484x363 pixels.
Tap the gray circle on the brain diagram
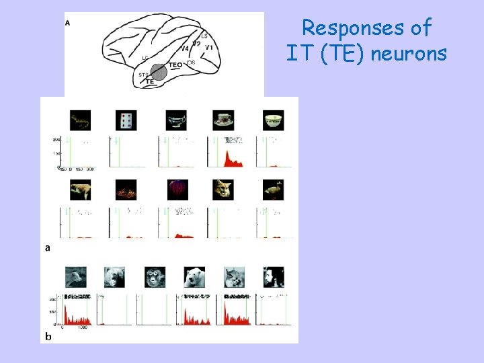[159, 71]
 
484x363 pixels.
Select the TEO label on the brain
[175, 65]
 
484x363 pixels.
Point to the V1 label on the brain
[209, 48]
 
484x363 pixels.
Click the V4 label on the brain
[185, 48]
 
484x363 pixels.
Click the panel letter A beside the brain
[67, 22]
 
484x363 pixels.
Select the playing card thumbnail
[126, 120]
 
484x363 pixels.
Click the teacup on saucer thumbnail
[224, 120]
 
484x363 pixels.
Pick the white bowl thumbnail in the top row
[273, 120]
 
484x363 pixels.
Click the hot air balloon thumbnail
[177, 190]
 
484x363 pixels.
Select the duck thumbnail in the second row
[273, 190]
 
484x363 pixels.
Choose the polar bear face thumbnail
[194, 277]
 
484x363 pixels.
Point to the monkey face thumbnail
[155, 277]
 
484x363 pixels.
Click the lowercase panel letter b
[48, 335]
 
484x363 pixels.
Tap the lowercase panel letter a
[47, 247]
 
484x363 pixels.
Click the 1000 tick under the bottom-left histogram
[82, 328]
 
